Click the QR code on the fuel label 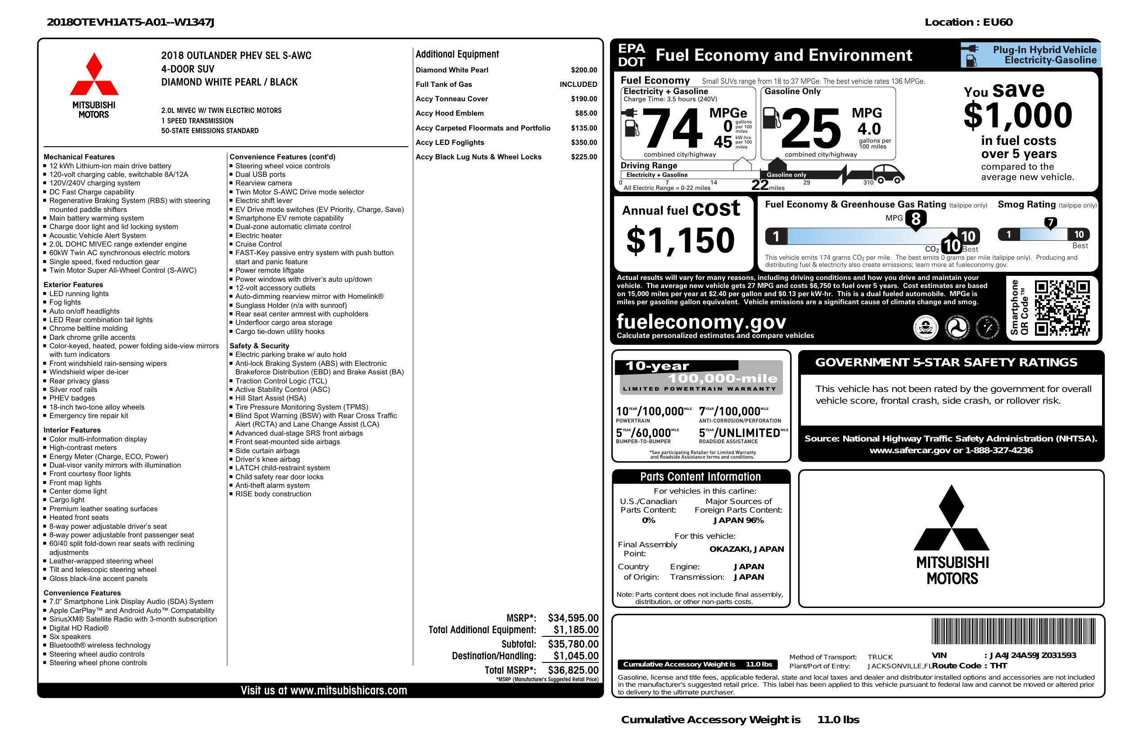coord(1062,308)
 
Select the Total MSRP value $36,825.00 coord(573,670)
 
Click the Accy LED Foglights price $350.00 coord(583,142)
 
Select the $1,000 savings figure coord(1018,115)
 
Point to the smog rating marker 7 coord(1050,223)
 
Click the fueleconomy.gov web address coord(701,321)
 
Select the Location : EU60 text coord(968,22)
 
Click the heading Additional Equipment coord(457,54)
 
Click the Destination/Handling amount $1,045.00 coord(575,656)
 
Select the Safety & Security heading coord(259,346)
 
